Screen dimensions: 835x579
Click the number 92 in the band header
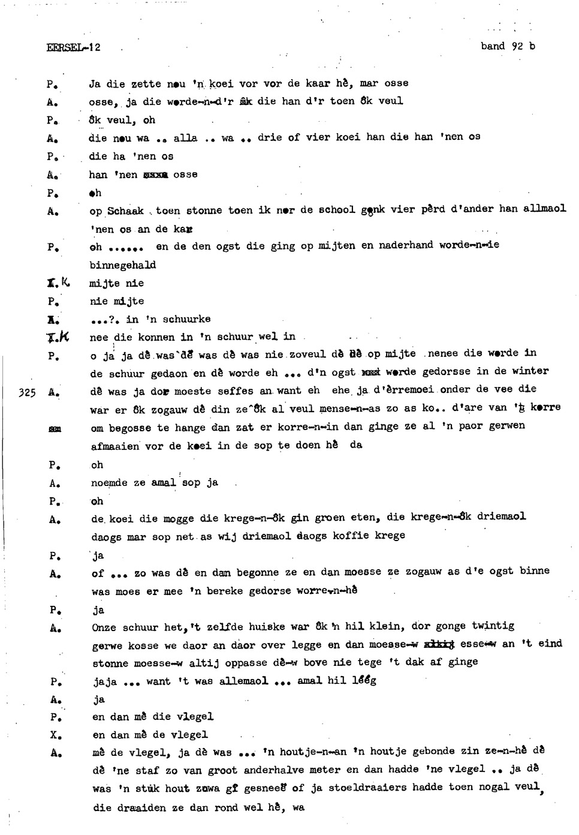point(518,46)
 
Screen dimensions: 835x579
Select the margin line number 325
point(28,393)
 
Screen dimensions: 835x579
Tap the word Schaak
point(125,211)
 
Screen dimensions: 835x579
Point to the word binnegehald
point(123,265)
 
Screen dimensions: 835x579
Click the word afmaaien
point(115,446)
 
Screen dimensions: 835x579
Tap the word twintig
point(493,626)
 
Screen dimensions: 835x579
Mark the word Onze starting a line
point(104,627)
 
